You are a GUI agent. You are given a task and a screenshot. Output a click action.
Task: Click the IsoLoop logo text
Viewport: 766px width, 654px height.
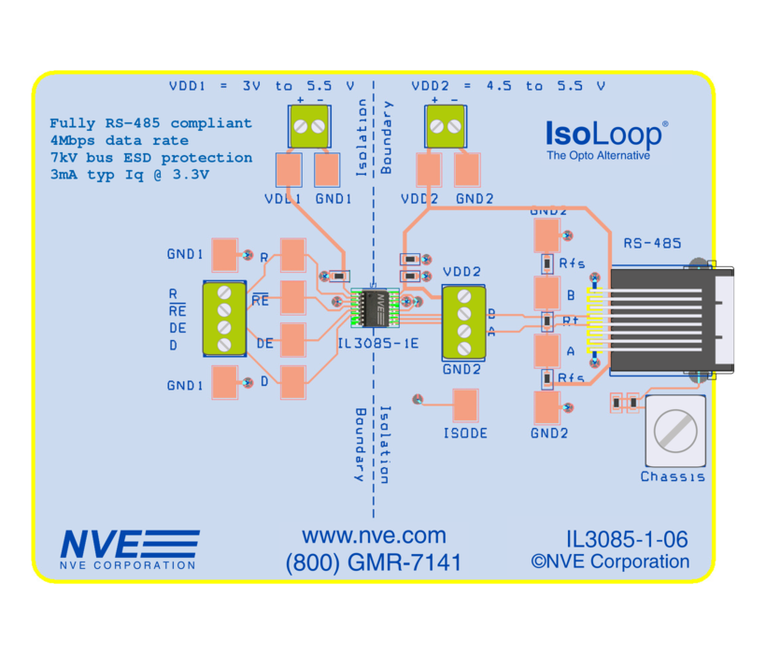pyautogui.click(x=605, y=135)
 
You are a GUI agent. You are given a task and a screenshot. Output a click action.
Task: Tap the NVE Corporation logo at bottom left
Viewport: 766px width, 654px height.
pyautogui.click(x=129, y=549)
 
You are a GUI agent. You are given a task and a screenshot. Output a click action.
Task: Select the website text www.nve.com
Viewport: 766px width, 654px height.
pyautogui.click(x=374, y=535)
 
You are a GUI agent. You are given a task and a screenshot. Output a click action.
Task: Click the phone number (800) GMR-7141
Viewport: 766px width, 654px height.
pyautogui.click(x=374, y=562)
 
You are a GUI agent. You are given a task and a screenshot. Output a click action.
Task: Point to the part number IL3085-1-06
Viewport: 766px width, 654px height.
pyautogui.click(x=627, y=539)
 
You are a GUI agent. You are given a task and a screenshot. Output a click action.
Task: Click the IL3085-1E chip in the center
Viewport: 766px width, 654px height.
pyautogui.click(x=374, y=306)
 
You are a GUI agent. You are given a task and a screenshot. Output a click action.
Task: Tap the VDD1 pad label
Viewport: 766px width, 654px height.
pyautogui.click(x=282, y=199)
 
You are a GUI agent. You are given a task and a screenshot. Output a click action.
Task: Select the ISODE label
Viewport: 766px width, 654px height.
pyautogui.click(x=465, y=434)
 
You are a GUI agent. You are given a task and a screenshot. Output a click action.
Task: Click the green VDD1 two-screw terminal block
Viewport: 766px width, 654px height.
pyautogui.click(x=309, y=126)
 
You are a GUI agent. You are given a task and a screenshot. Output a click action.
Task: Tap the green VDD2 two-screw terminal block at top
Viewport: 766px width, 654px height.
pyautogui.click(x=444, y=126)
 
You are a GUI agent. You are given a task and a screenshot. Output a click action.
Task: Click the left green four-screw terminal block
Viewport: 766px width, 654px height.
pyautogui.click(x=223, y=318)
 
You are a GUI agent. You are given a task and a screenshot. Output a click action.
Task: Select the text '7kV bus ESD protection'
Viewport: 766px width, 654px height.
pyautogui.click(x=150, y=157)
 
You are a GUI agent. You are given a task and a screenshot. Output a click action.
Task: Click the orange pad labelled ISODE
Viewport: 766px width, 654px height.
pyautogui.click(x=465, y=405)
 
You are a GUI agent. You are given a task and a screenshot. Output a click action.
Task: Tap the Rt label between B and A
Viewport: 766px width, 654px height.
pyautogui.click(x=571, y=320)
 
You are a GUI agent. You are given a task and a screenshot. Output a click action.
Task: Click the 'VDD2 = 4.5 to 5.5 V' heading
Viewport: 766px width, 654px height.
pyautogui.click(x=508, y=85)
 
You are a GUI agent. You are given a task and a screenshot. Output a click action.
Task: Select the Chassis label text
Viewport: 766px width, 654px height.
pyautogui.click(x=673, y=476)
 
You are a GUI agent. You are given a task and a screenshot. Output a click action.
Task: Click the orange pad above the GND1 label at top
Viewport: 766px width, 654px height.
pyautogui.click(x=327, y=170)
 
